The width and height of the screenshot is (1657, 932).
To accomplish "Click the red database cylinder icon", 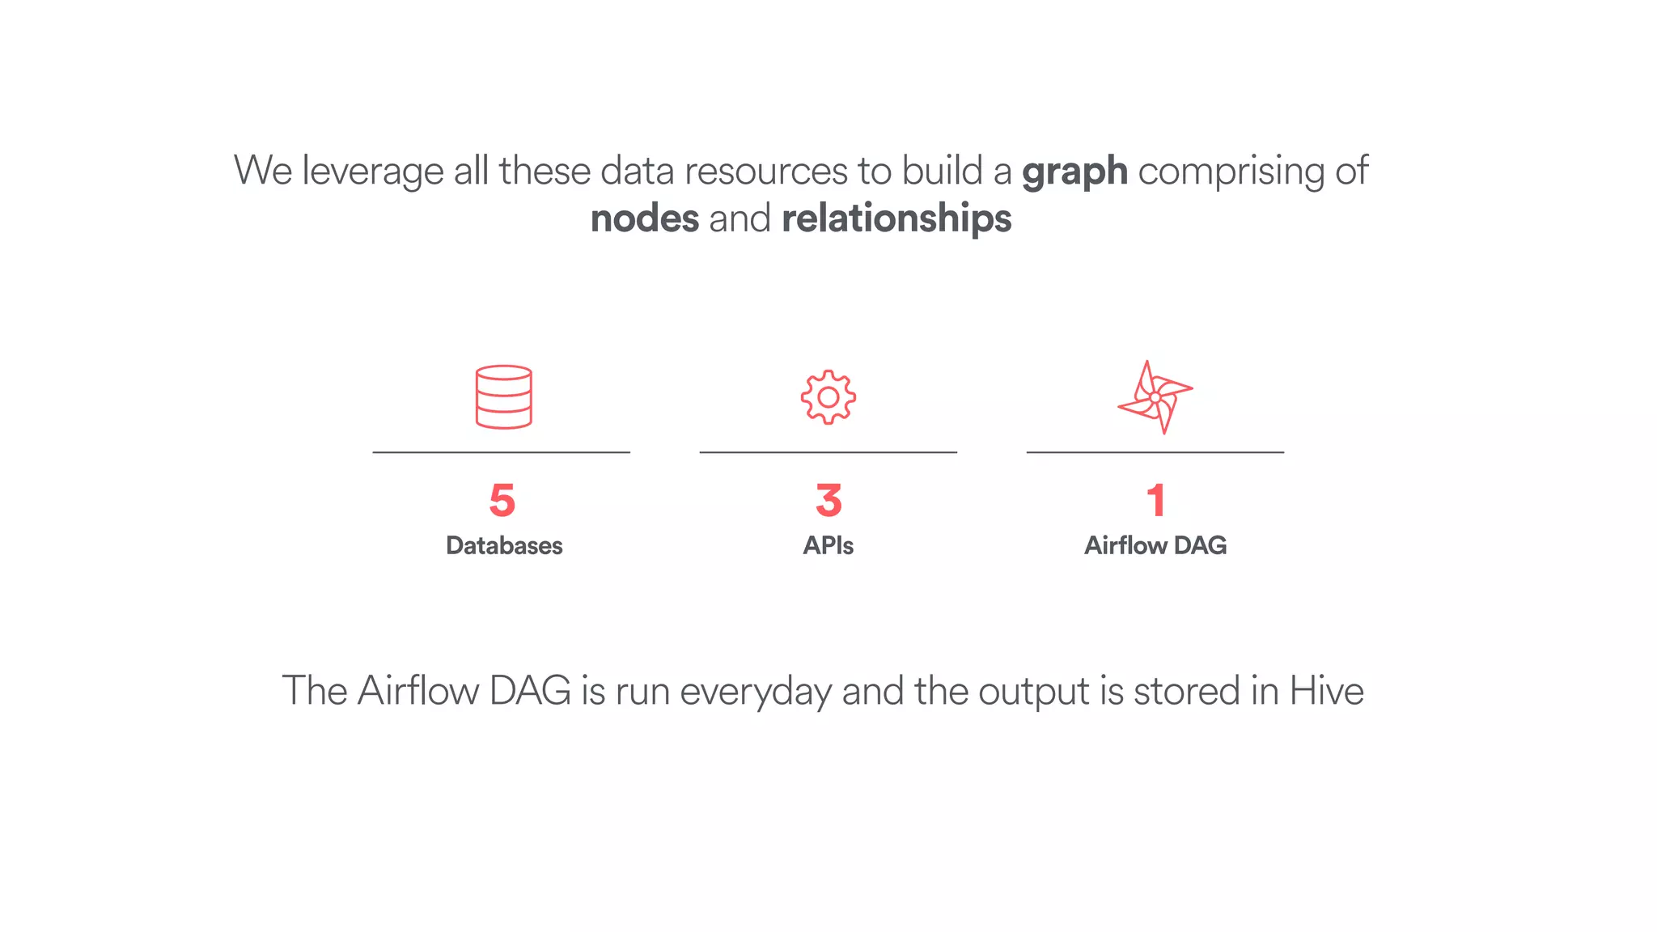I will point(503,396).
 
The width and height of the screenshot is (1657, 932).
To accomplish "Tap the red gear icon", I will point(828,397).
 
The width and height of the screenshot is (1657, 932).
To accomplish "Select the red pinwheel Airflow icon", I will point(1155,397).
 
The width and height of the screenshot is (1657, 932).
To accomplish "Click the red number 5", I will point(502,500).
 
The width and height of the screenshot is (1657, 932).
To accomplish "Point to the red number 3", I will point(828,500).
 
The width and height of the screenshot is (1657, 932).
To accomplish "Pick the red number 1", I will point(1155,500).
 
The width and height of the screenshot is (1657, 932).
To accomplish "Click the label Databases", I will point(504,545).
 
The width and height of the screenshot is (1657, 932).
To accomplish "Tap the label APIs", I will point(828,545).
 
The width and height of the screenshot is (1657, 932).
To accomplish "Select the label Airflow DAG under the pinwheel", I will point(1155,545).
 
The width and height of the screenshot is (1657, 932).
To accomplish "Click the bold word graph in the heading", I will point(1074,172).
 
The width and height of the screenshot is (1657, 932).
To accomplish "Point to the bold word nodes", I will point(645,218).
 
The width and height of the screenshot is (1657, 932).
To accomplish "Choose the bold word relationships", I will point(896,218).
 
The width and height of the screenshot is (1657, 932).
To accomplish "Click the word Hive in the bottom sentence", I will point(1326,691).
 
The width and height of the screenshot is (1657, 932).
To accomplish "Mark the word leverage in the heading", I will point(372,172).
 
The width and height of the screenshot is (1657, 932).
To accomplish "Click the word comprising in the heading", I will point(1231,172).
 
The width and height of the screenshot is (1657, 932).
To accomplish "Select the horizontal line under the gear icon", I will point(828,452).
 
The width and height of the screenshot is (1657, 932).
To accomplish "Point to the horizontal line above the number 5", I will point(501,452).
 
